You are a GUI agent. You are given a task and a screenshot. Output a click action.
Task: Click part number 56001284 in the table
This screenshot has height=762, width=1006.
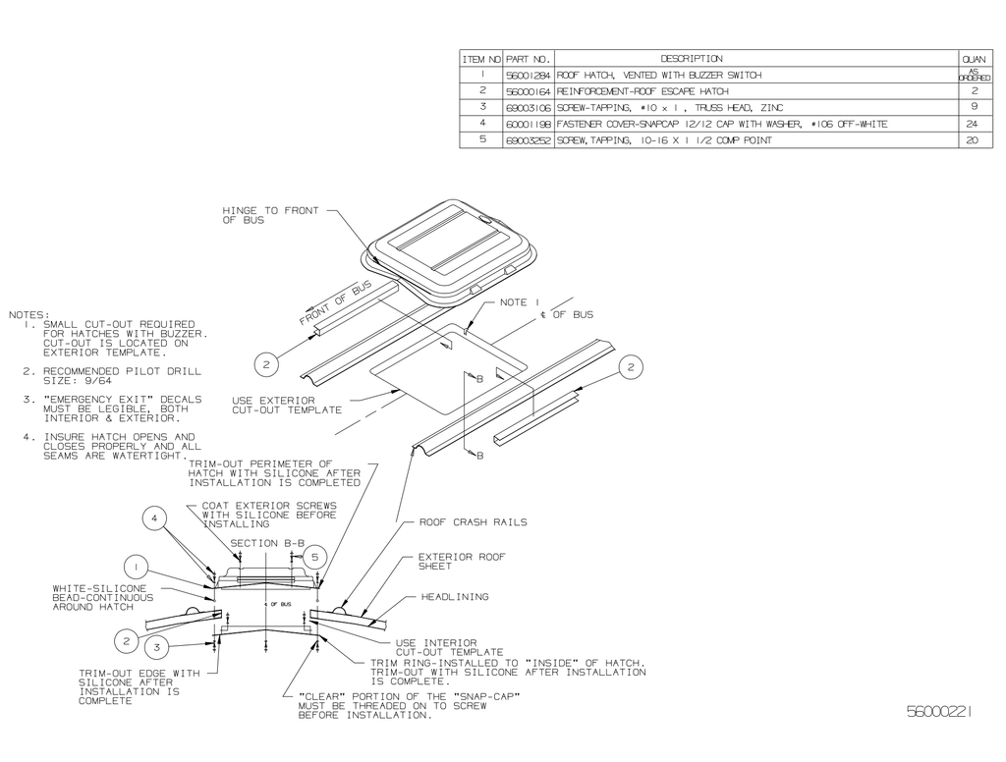tap(530, 75)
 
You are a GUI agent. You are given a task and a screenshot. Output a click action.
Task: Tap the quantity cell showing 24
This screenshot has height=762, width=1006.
tap(974, 124)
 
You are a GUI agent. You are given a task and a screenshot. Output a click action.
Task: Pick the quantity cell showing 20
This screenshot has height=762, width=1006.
tap(974, 140)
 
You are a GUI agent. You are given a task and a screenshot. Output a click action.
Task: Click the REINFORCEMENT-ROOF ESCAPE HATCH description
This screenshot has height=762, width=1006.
tap(643, 90)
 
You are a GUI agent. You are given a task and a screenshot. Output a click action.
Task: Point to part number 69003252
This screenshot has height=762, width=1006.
tap(530, 140)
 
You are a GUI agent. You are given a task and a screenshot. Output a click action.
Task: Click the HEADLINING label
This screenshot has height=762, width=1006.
tap(455, 596)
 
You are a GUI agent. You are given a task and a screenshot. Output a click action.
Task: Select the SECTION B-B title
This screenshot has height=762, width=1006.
tap(267, 543)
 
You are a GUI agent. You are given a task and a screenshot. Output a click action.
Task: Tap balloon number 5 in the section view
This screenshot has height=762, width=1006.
tap(313, 556)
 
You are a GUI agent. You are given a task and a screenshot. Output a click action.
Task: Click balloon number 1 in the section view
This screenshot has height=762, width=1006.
tap(137, 566)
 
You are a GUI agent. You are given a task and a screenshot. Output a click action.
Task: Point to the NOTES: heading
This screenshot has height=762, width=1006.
tap(28, 315)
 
